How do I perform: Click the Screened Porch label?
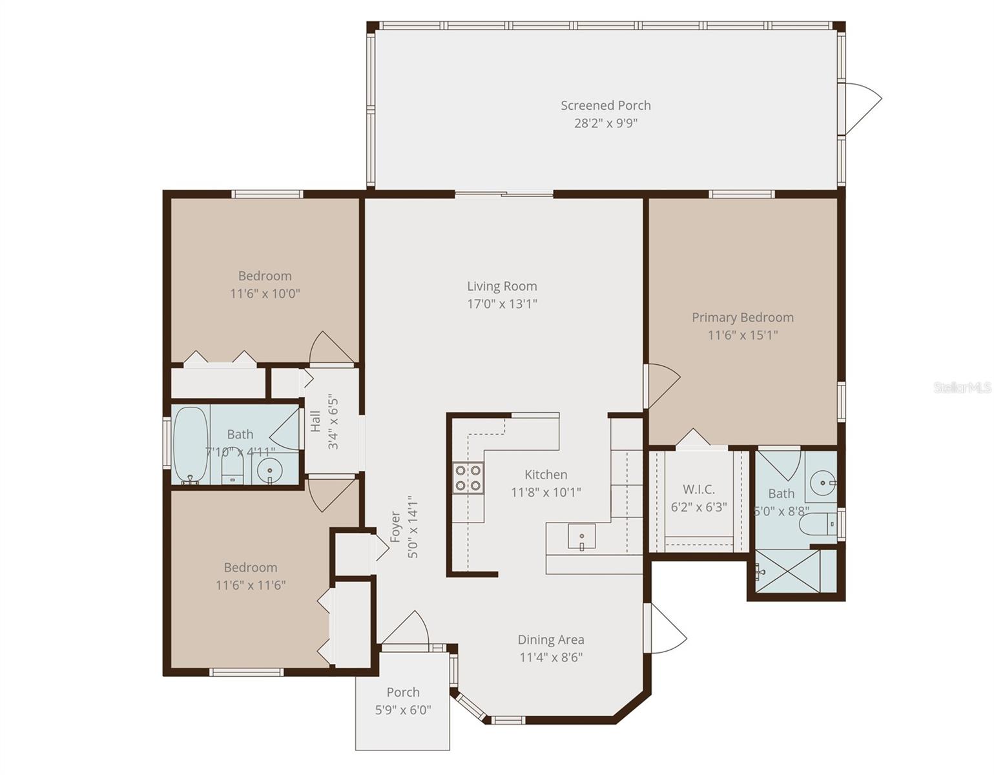(605, 105)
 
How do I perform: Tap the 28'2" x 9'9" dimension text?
(605, 123)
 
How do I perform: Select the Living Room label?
(502, 286)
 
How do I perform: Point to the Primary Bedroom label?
(742, 317)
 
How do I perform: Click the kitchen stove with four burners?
(468, 477)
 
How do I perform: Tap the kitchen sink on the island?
(581, 537)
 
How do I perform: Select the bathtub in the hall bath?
(190, 445)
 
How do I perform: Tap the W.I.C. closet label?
(698, 490)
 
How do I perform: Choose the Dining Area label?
(550, 639)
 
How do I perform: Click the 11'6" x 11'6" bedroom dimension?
(250, 585)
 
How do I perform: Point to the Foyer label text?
(395, 526)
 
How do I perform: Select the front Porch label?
(402, 692)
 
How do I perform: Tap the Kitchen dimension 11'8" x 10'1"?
(546, 492)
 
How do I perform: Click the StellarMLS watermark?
(962, 387)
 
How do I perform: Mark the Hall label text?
(315, 421)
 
